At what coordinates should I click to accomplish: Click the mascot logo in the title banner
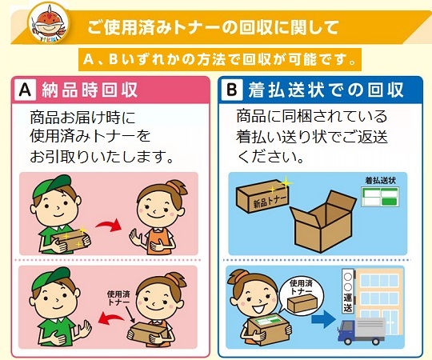pyautogui.click(x=49, y=23)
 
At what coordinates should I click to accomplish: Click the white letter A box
pyautogui.click(x=26, y=90)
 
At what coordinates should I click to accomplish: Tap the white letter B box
pyautogui.click(x=232, y=90)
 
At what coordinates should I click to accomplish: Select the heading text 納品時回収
pyautogui.click(x=90, y=90)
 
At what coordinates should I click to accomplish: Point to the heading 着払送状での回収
pyautogui.click(x=326, y=90)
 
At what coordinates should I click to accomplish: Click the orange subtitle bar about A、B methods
pyautogui.click(x=219, y=59)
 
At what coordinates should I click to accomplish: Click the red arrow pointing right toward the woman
pyautogui.click(x=109, y=225)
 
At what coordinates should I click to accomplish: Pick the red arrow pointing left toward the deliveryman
pyautogui.click(x=110, y=318)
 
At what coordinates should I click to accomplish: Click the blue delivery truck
pyautogui.click(x=361, y=331)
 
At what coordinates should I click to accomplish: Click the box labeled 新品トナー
pyautogui.click(x=262, y=196)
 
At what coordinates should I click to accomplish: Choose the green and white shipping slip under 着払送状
pyautogui.click(x=380, y=197)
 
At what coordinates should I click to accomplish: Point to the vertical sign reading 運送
pyautogui.click(x=348, y=291)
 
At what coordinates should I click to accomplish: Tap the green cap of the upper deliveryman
pyautogui.click(x=51, y=186)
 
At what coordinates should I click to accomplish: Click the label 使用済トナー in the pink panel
pyautogui.click(x=118, y=298)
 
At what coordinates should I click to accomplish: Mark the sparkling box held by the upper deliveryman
pyautogui.click(x=71, y=240)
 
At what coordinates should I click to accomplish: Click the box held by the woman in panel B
pyautogui.click(x=268, y=330)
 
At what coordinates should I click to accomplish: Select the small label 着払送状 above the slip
pyautogui.click(x=381, y=181)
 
